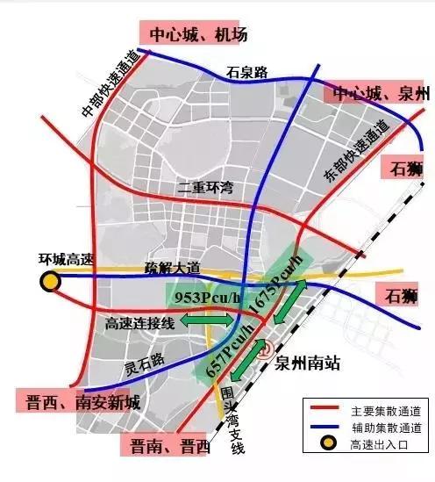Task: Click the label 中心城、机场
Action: (198, 34)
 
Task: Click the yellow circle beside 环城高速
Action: (50, 281)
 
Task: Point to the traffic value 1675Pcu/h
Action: (274, 282)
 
